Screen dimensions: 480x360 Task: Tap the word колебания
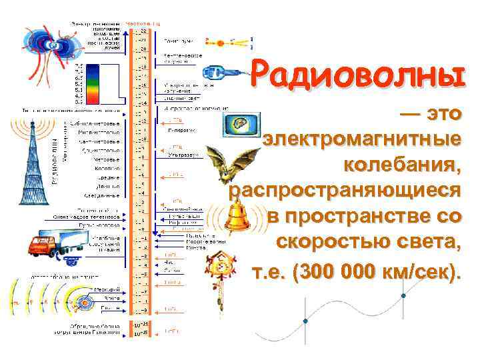click(402, 165)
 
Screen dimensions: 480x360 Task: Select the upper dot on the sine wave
click(403, 295)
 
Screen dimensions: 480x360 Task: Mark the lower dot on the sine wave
click(305, 323)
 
